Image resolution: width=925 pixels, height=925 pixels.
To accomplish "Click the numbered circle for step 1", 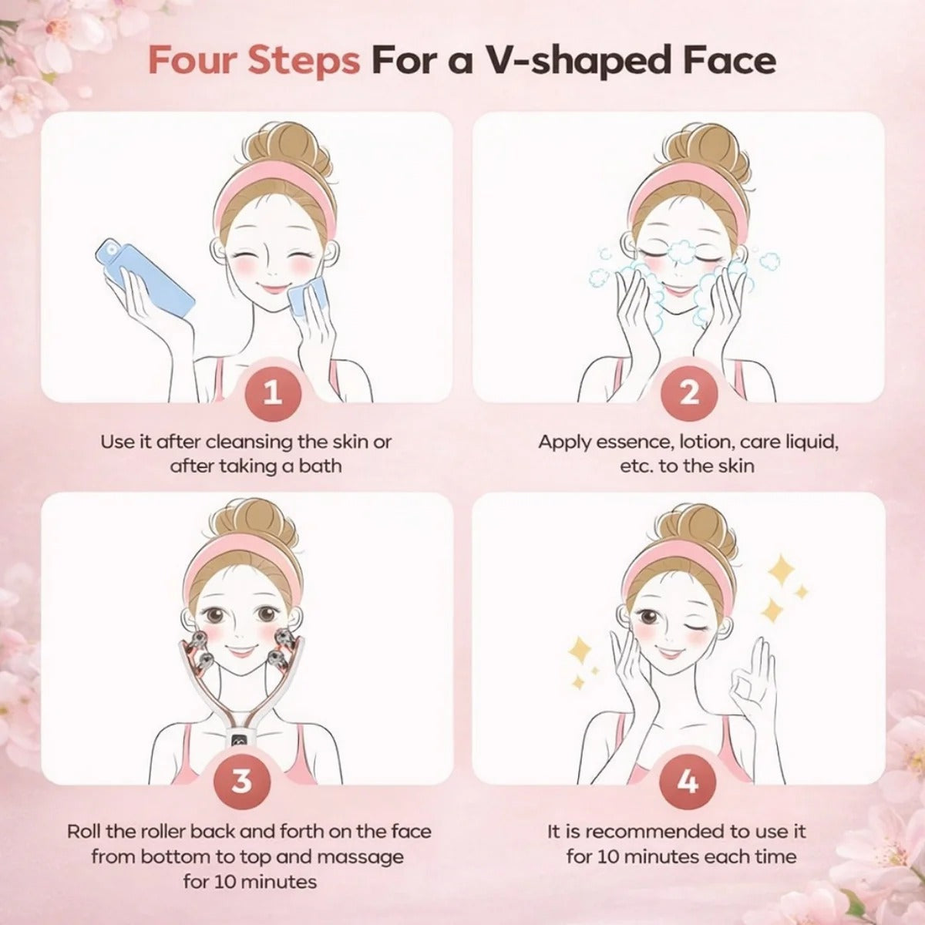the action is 273,393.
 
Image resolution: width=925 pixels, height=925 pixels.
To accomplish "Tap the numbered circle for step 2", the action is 689,393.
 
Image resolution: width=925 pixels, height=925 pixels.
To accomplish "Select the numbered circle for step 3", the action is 241,781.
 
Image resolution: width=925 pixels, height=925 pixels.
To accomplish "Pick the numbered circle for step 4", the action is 688,781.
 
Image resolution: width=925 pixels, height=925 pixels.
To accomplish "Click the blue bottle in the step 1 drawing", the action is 145,278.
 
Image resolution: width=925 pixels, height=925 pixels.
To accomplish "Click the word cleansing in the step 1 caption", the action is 249,442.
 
